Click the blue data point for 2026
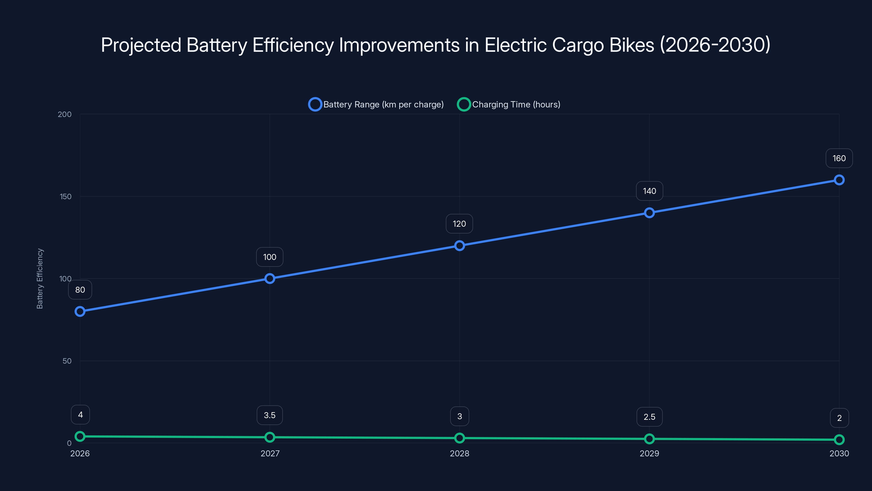click(80, 312)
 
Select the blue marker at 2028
click(459, 246)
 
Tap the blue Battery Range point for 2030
click(839, 180)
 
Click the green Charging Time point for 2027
click(270, 437)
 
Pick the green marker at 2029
click(649, 439)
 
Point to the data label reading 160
click(839, 158)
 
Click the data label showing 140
click(649, 191)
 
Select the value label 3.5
click(270, 415)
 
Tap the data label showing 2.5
click(649, 417)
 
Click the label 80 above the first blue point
click(80, 290)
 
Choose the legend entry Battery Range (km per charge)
click(383, 104)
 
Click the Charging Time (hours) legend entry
click(516, 104)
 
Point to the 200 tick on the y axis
click(65, 114)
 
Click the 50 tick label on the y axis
click(67, 361)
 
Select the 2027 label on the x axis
click(270, 453)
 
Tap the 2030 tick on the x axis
click(839, 453)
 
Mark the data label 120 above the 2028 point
click(459, 224)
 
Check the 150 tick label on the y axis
click(65, 196)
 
